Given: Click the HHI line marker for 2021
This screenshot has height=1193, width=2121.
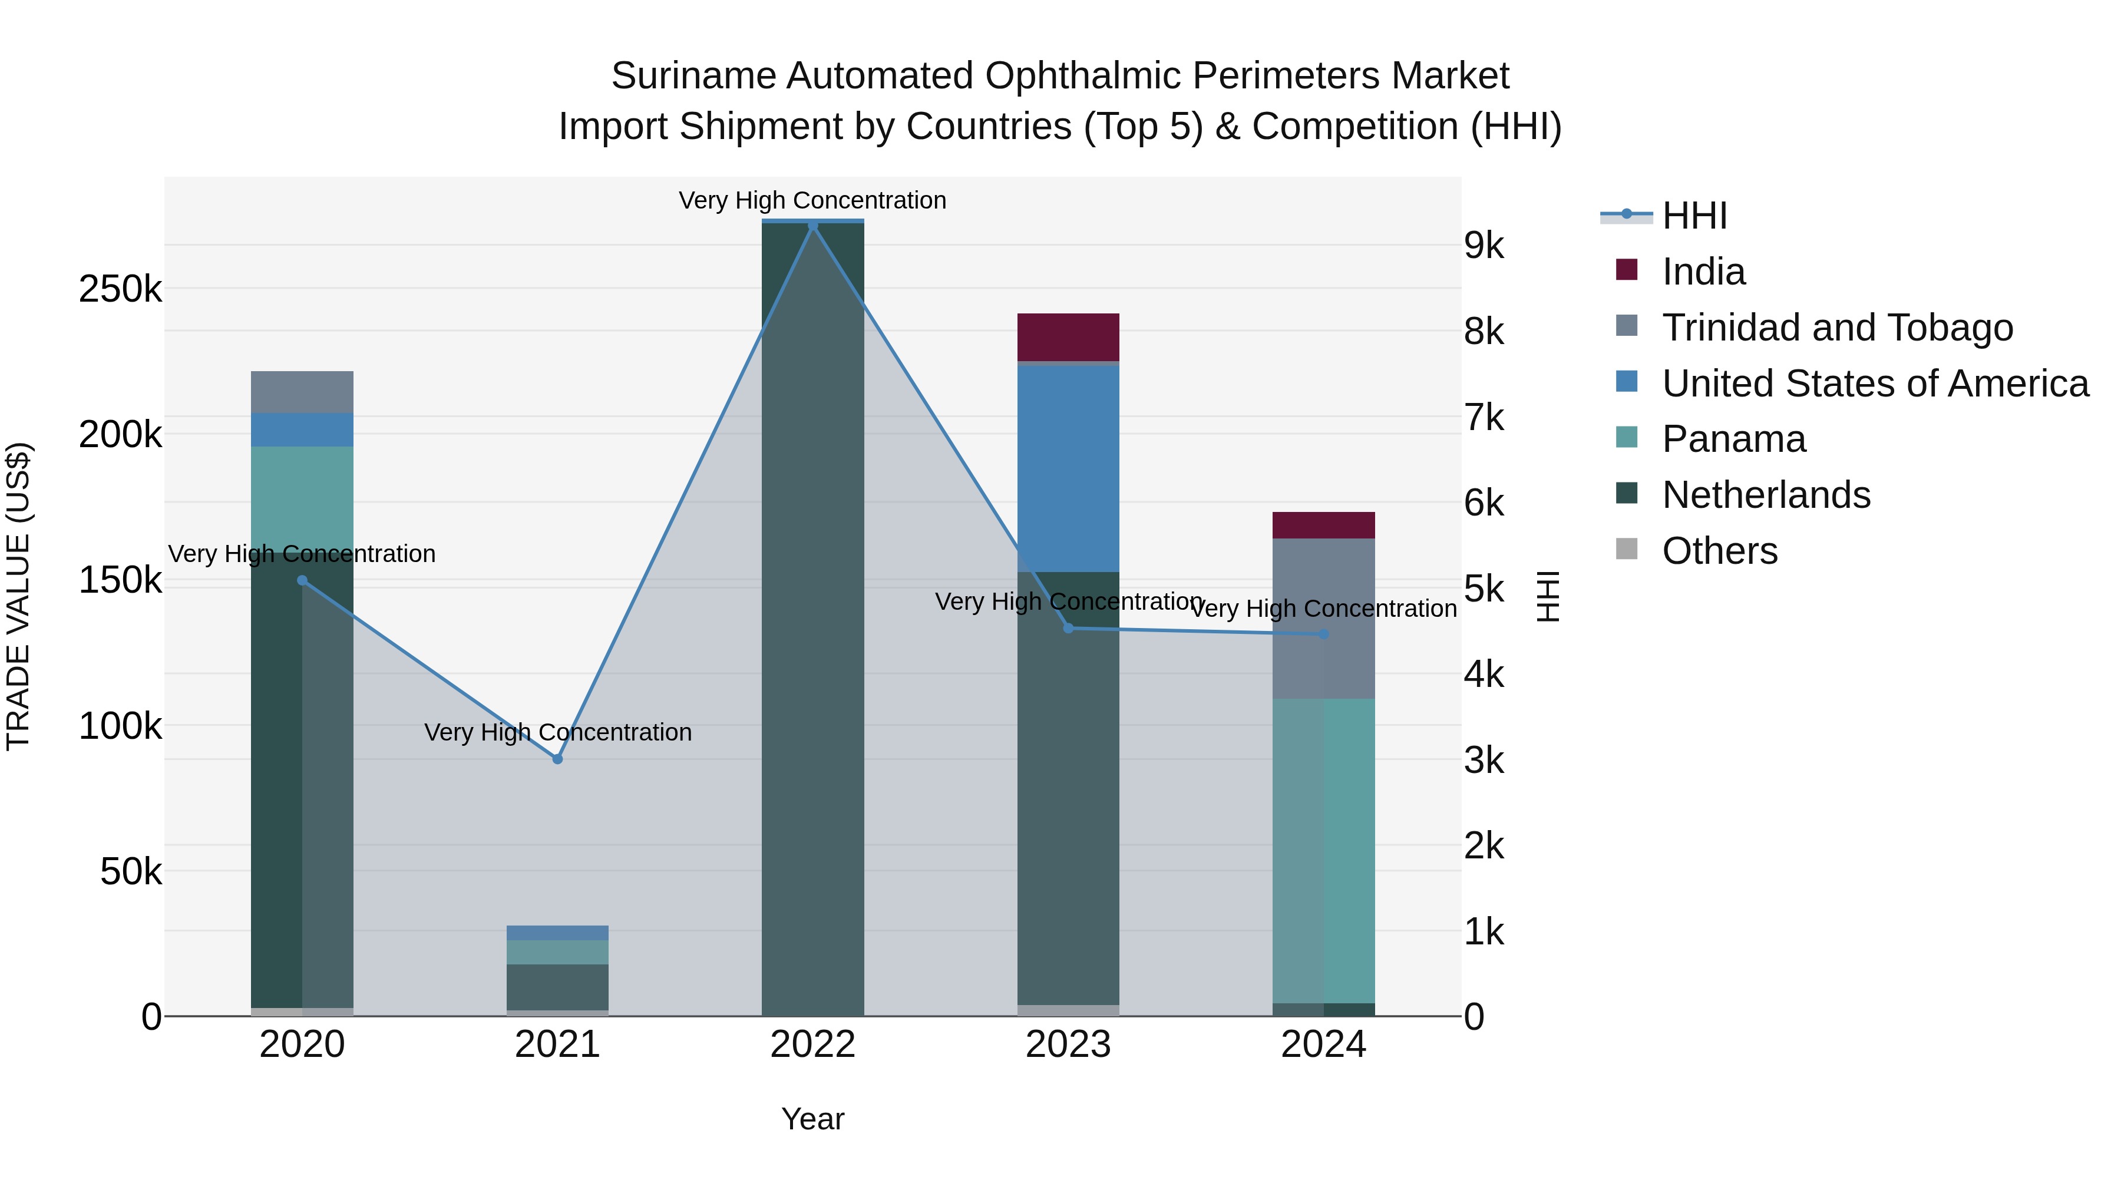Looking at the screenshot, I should (557, 758).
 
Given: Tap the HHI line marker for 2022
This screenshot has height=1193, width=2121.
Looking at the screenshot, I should (812, 226).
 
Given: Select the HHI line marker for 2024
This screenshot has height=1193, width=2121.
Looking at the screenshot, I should (1323, 634).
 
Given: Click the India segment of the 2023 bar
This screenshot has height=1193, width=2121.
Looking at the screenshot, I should (1068, 337).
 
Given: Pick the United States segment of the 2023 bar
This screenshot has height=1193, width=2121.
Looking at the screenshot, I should (1068, 468).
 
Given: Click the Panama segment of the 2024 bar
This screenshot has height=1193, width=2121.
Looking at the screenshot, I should (1323, 851).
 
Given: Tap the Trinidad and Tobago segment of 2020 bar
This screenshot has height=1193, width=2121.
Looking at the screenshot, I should (302, 392).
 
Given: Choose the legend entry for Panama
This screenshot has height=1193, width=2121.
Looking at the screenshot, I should (1733, 439).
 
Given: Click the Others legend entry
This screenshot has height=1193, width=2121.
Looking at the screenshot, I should (1719, 551).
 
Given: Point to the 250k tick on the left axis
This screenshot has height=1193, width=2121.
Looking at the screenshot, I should (120, 289).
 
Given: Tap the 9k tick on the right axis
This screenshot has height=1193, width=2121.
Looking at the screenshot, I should (1484, 245).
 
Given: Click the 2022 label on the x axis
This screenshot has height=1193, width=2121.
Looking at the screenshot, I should (812, 1045).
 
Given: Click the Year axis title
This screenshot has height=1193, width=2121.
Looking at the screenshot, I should (812, 1119).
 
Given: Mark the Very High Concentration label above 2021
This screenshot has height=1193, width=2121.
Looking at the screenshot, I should (557, 732).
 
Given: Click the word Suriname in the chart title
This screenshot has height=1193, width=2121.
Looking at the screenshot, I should (693, 76).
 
